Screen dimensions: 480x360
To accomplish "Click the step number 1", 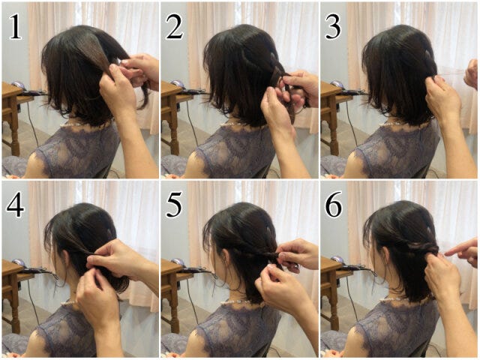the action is pyautogui.click(x=16, y=27).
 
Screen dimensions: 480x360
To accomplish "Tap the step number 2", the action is pyautogui.click(x=175, y=27).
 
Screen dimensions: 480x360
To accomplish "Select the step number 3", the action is pyautogui.click(x=333, y=27).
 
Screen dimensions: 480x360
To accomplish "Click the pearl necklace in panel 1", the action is pyautogui.click(x=71, y=124).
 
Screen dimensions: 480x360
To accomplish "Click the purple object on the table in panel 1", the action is pyautogui.click(x=18, y=84).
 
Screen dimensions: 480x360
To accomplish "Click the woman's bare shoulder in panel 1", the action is pyautogui.click(x=33, y=166).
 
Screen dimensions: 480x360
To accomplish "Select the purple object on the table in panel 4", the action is pyautogui.click(x=18, y=262).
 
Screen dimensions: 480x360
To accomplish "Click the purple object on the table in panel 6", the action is pyautogui.click(x=337, y=259).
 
